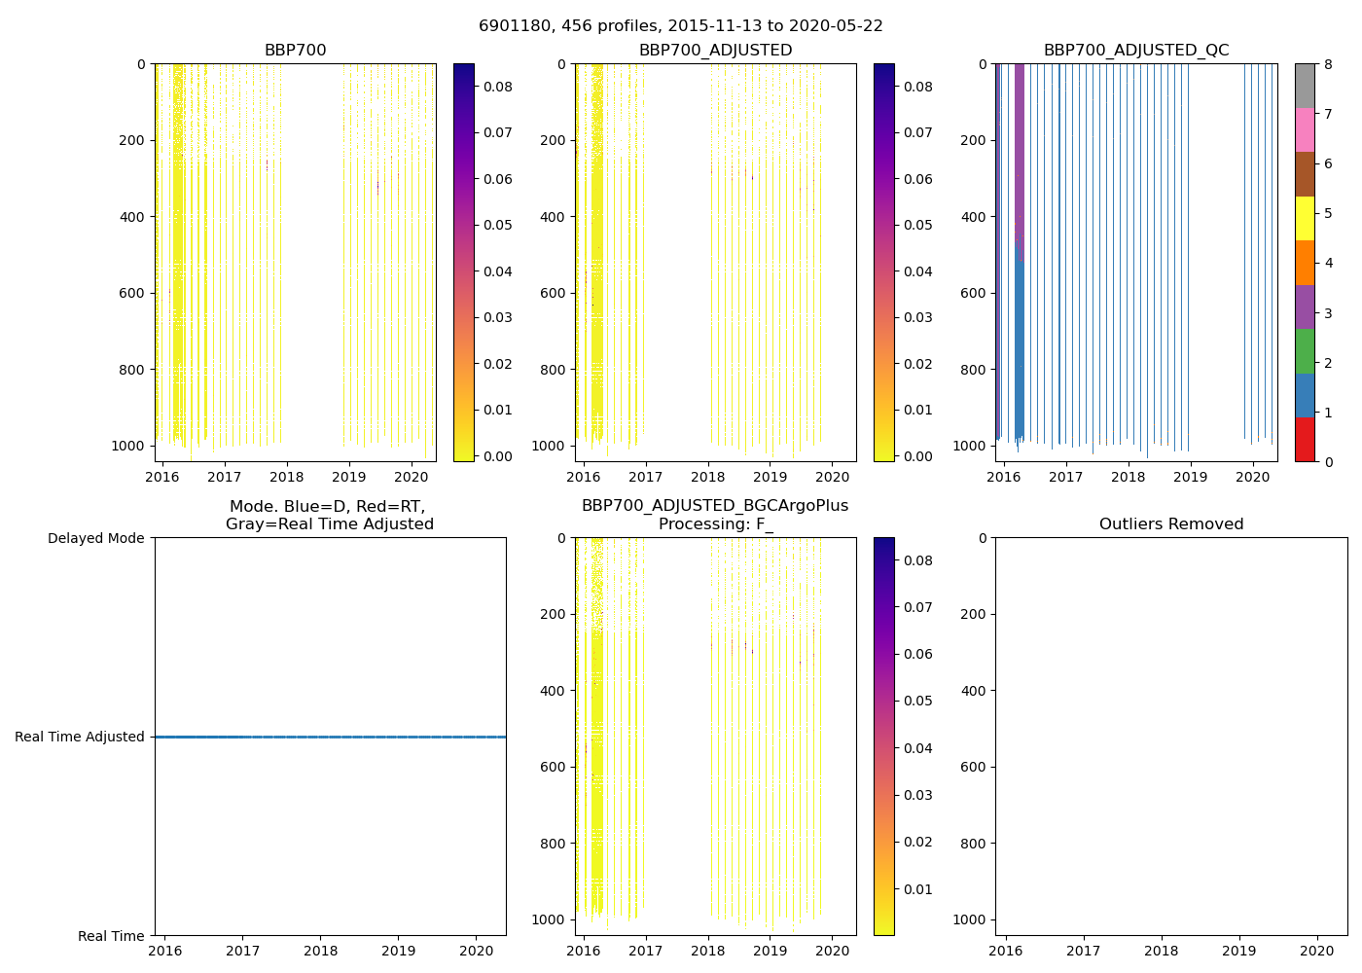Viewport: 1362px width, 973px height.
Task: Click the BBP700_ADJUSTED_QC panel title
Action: (x=1135, y=51)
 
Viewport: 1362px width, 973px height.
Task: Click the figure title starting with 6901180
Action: (x=680, y=26)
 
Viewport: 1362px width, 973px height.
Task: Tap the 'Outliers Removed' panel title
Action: (x=1170, y=524)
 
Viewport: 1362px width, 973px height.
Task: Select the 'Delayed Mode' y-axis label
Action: (x=95, y=538)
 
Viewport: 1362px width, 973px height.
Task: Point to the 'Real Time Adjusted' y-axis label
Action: (x=80, y=737)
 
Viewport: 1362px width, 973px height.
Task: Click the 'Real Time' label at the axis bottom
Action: (x=111, y=936)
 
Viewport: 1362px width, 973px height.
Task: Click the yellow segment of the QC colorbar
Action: (x=1305, y=218)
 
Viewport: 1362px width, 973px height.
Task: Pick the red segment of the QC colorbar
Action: (x=1305, y=440)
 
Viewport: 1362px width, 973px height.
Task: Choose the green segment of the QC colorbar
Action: (x=1305, y=351)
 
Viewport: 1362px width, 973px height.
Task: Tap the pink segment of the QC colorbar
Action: (x=1305, y=129)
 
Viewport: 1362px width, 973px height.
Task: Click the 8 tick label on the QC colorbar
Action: (x=1328, y=64)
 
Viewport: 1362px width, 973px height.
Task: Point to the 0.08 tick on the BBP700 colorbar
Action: (x=498, y=87)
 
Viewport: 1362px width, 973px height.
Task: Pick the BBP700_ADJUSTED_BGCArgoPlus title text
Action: (x=714, y=506)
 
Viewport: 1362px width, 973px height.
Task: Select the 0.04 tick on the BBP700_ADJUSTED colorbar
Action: (x=918, y=271)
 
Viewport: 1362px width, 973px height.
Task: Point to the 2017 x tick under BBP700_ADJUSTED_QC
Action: (x=1065, y=477)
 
